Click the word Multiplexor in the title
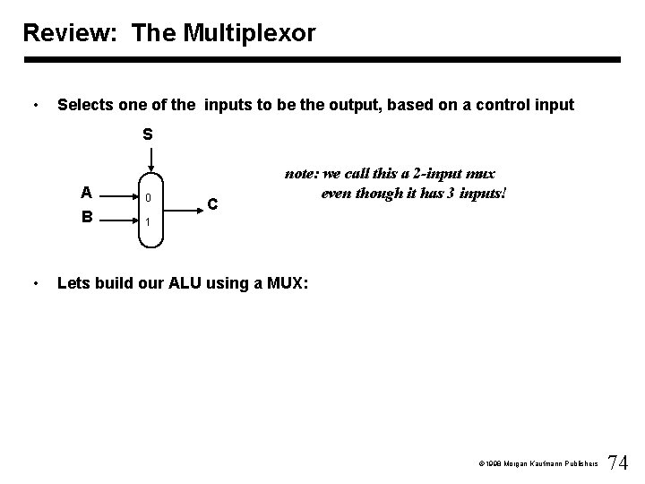point(254,34)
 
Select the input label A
point(86,192)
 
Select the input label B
point(86,216)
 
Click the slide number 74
point(618,462)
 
